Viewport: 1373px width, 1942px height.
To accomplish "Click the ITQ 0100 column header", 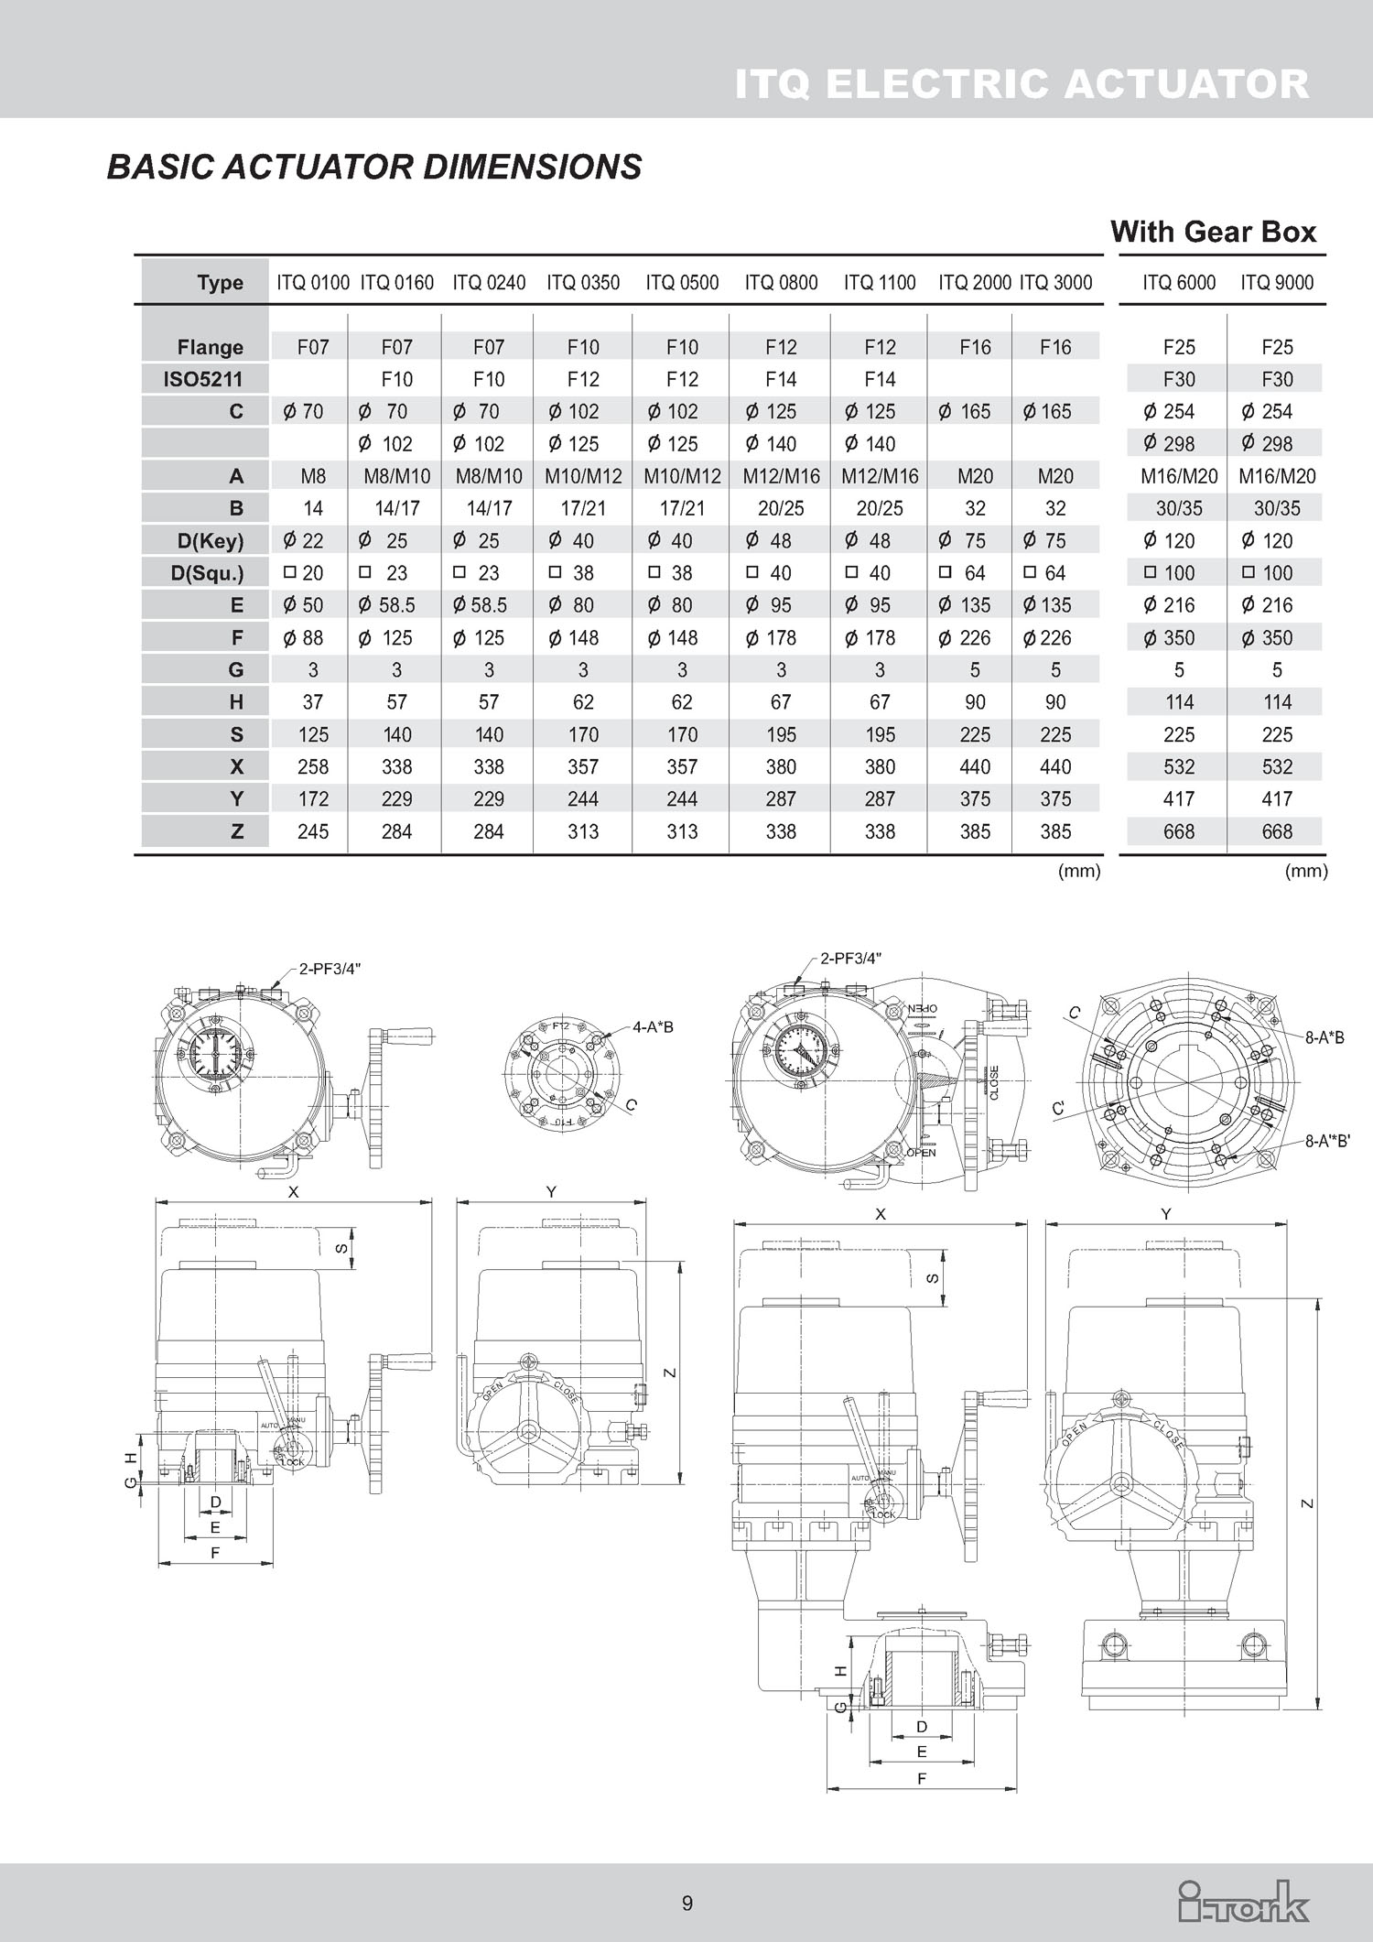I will tap(313, 283).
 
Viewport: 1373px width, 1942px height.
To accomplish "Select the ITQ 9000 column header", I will tap(1277, 283).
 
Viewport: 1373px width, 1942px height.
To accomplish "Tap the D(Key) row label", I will tap(211, 541).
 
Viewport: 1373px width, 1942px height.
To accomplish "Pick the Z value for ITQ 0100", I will tap(313, 831).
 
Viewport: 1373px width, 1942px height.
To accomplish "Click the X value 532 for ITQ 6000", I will tap(1179, 766).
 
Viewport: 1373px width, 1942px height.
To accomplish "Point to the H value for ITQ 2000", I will tap(975, 702).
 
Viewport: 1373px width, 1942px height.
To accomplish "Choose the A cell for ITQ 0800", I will tap(781, 476).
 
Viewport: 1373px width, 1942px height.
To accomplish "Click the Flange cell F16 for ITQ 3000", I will tap(1055, 347).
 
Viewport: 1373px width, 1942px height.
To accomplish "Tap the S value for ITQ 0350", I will tap(583, 734).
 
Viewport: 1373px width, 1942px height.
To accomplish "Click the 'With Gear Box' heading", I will tap(1213, 232).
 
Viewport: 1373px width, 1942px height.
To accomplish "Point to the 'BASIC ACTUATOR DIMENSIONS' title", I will tap(374, 167).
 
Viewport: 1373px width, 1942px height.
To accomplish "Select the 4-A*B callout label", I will tap(653, 1027).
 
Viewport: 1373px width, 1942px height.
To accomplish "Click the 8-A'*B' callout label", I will tap(1327, 1141).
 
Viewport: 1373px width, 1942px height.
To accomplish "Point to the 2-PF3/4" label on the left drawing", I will tap(330, 969).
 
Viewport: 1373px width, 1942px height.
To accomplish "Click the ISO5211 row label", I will tap(202, 379).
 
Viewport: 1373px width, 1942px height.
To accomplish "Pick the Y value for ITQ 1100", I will tap(880, 799).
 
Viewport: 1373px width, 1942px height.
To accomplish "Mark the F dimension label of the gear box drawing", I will tap(922, 1778).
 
